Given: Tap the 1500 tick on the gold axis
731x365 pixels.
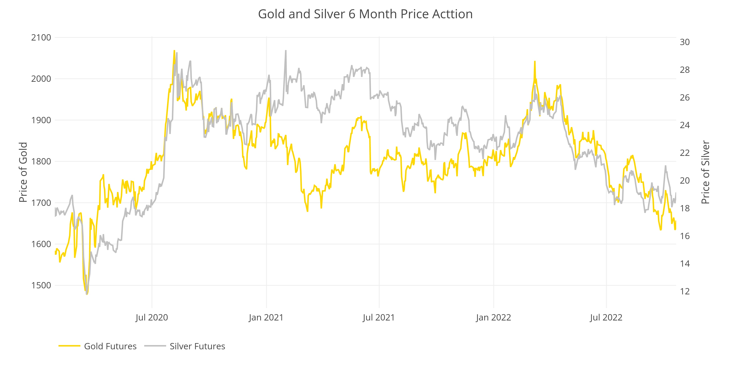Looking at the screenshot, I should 41,285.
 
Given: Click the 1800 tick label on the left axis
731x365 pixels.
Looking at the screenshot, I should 41,162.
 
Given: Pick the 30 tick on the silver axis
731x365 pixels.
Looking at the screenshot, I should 684,42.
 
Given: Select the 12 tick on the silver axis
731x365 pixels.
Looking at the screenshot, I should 684,291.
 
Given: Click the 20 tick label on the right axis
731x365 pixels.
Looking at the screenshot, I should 684,180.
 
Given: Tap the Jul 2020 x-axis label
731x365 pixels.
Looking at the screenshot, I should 152,317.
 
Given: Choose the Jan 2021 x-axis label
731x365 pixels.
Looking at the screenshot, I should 266,317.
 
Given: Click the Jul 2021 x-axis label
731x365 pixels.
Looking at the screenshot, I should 379,317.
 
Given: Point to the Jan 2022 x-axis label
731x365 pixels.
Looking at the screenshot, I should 493,317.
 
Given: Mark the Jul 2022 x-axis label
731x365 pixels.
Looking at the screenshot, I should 606,317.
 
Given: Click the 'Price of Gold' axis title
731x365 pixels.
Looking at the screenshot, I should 23,172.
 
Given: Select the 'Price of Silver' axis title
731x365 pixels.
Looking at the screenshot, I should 705,172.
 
